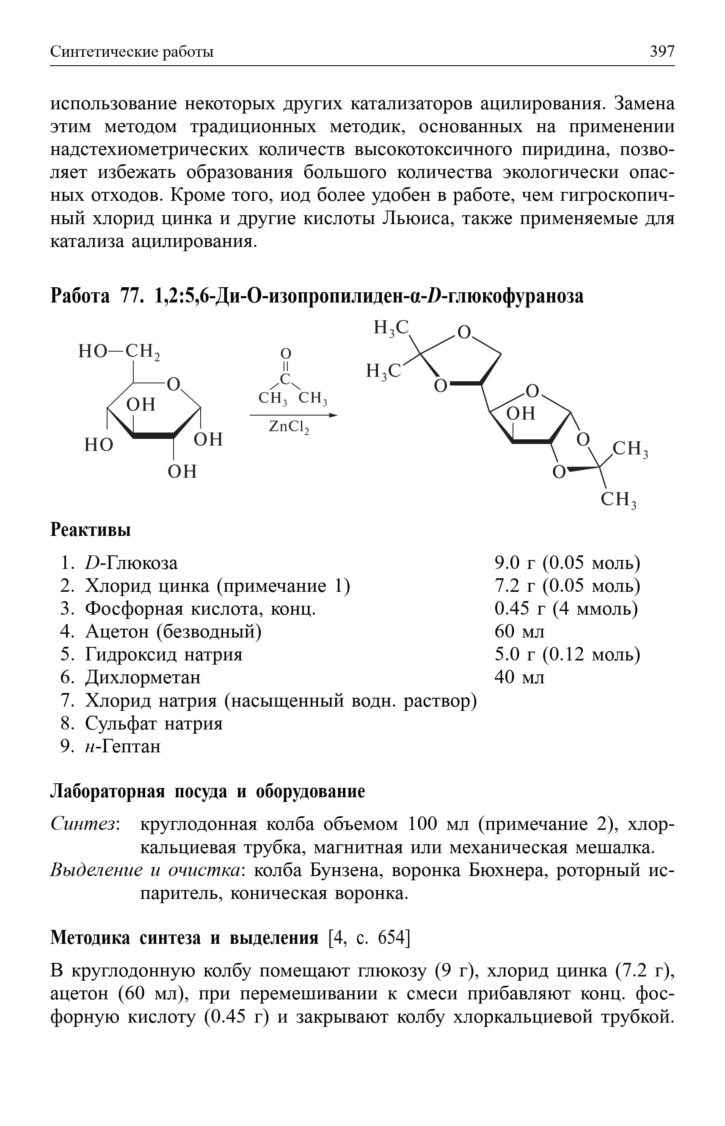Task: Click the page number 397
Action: (662, 51)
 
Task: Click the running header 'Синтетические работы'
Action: (132, 51)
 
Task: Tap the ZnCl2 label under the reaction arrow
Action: (289, 427)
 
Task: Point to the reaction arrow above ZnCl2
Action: (293, 415)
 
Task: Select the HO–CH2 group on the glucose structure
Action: (119, 352)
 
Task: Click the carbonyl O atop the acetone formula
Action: (286, 353)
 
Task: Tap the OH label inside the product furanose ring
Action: (521, 413)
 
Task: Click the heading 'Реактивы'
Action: (91, 530)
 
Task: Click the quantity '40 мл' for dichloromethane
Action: (519, 677)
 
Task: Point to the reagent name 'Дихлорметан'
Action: (143, 677)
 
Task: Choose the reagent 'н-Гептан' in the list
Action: (123, 746)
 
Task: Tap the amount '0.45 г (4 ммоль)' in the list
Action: (566, 608)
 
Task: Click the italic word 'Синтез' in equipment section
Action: (83, 824)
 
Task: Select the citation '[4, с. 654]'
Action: (369, 937)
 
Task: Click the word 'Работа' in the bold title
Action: (80, 295)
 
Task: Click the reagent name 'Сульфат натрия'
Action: (154, 723)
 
